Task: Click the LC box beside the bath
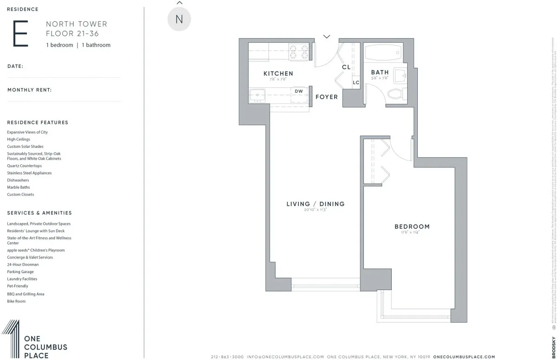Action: [356, 83]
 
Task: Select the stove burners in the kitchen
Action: [299, 51]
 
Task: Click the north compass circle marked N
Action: [179, 19]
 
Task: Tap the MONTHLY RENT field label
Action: [29, 90]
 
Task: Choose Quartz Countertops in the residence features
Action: [24, 166]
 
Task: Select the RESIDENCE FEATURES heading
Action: [38, 122]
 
